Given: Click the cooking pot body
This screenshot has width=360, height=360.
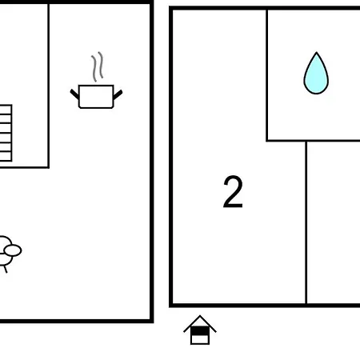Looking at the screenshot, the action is [x=96, y=97].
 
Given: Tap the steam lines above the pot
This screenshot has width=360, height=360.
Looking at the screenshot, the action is [x=98, y=66].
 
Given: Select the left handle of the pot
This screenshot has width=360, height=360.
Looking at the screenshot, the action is [x=74, y=94].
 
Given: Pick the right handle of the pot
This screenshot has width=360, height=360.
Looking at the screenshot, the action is [x=118, y=94].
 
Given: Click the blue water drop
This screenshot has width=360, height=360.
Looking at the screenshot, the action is [x=316, y=74].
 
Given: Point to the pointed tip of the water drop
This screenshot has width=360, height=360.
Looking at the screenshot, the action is [x=317, y=53].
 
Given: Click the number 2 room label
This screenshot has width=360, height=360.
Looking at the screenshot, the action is [x=233, y=191].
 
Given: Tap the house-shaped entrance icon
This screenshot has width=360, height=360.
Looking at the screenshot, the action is [x=200, y=330].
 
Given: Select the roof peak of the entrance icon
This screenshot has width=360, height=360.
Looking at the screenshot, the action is [x=200, y=316].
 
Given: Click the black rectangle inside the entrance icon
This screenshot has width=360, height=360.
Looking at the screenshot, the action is [x=200, y=331].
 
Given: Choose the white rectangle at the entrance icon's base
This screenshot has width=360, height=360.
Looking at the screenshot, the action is [x=200, y=339].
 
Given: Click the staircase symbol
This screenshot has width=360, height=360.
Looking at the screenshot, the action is [x=6, y=133].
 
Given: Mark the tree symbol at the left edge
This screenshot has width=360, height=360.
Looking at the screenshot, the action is [x=10, y=254].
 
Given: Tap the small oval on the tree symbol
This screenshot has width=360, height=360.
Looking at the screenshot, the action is [x=13, y=250].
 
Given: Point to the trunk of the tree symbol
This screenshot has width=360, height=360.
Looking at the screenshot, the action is [x=5, y=269].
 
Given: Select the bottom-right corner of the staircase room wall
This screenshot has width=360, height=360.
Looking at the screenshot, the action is [x=48, y=167].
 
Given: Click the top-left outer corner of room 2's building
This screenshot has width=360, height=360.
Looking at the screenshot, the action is [x=170, y=8].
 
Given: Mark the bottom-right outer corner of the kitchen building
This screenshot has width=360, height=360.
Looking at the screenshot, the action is [x=152, y=321].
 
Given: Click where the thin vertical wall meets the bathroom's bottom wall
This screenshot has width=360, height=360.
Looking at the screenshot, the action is [x=306, y=141].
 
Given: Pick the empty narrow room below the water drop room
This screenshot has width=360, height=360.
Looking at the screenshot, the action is [x=334, y=222].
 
